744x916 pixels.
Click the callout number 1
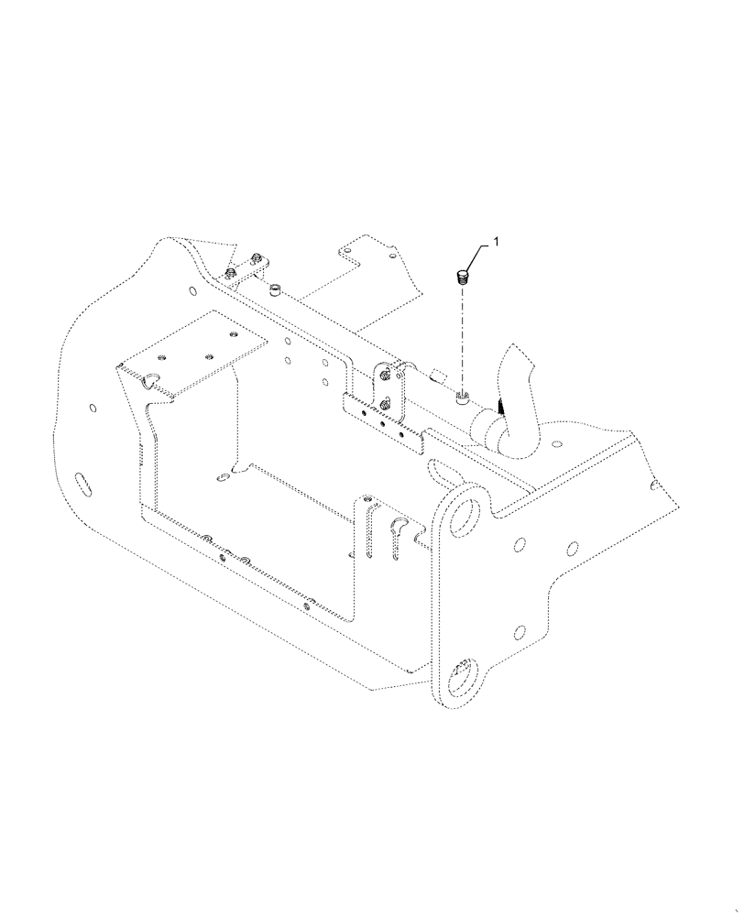496,242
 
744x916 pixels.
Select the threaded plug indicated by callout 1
464,276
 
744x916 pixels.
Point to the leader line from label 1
480,256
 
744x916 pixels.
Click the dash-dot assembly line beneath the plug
464,339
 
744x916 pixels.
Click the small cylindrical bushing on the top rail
274,292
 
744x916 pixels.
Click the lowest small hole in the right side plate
520,631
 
